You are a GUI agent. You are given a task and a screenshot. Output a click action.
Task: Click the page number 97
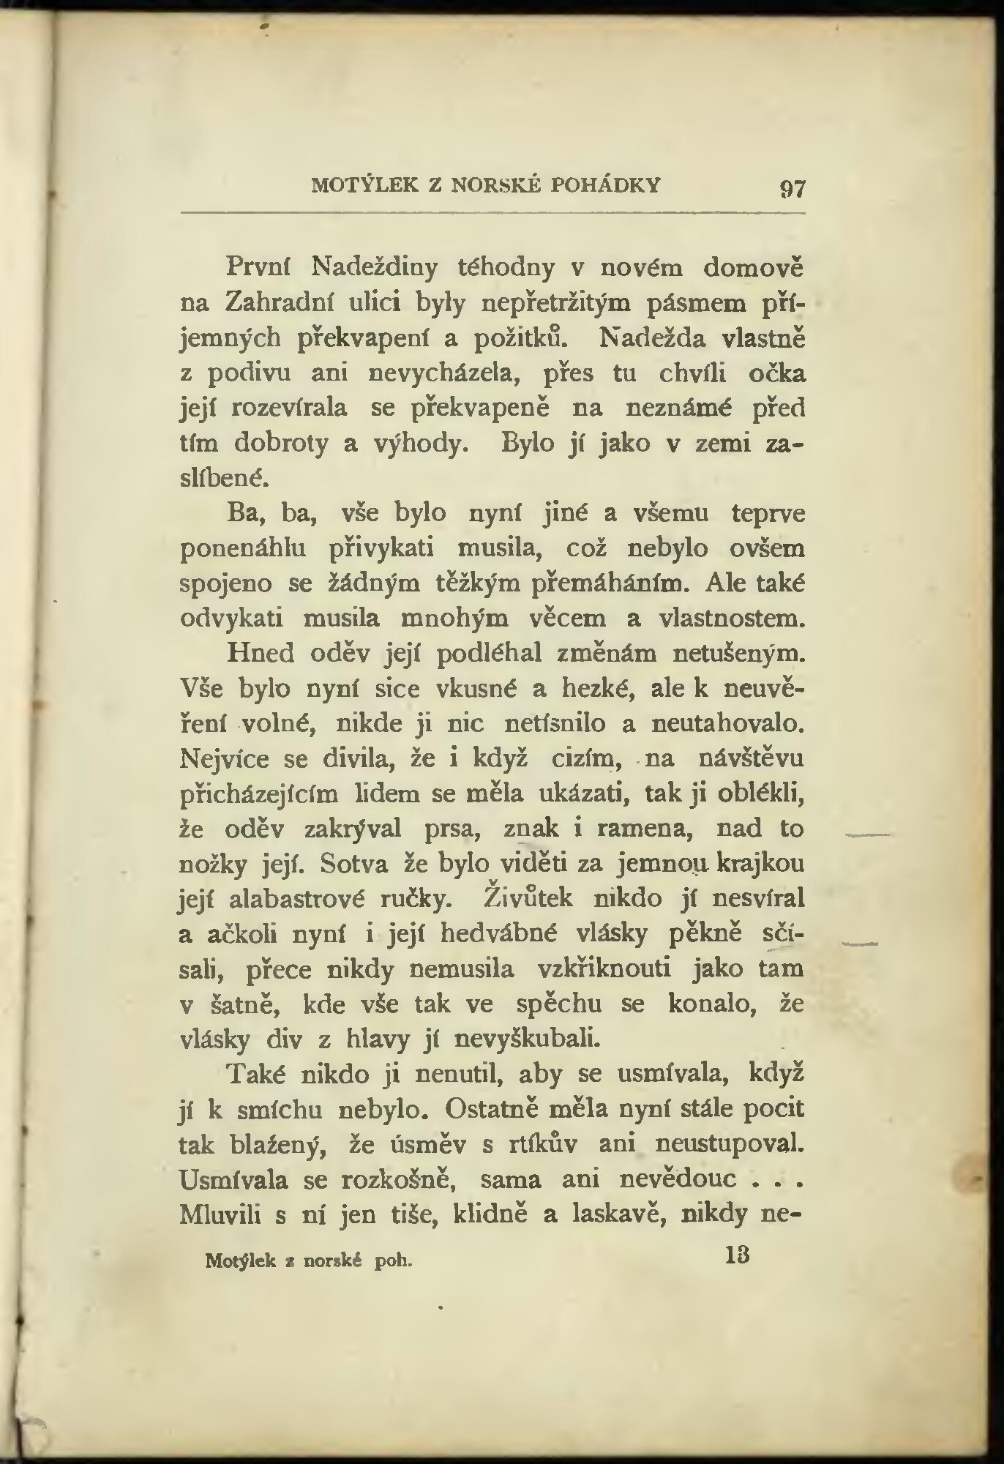click(x=793, y=189)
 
